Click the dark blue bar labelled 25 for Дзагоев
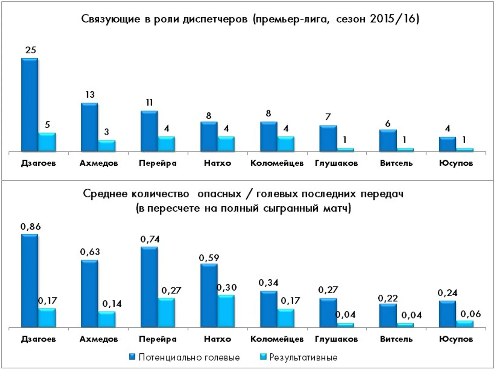pos(29,105)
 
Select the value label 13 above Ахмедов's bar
pos(90,95)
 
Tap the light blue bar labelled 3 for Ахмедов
pos(107,146)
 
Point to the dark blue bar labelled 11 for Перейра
pos(149,131)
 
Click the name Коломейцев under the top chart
pos(277,163)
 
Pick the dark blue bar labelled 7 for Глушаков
pos(328,138)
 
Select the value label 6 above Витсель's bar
pos(388,124)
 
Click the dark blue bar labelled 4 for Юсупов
pos(447,144)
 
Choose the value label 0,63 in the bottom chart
pos(90,252)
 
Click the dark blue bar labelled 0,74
pos(149,287)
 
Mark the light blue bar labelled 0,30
pos(226,311)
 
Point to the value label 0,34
pos(269,283)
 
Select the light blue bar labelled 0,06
pos(464,324)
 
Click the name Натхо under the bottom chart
pos(217,339)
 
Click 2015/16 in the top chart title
pos(394,19)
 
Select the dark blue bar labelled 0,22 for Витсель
pos(388,315)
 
